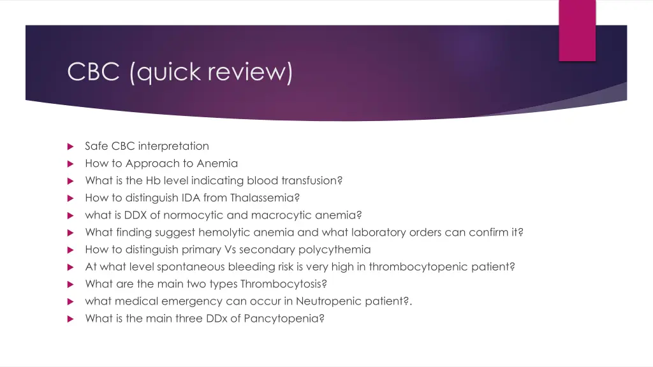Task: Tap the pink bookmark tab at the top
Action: point(577,31)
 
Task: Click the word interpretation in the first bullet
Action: point(173,146)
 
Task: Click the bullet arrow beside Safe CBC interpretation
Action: point(71,147)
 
